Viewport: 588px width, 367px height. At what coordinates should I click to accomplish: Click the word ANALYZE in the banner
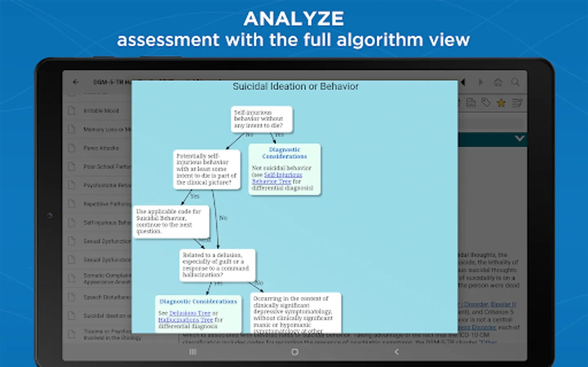click(x=294, y=19)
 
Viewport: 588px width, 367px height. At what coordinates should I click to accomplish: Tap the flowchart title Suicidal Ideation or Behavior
click(x=296, y=86)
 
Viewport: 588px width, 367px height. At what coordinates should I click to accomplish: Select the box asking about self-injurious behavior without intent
click(x=261, y=119)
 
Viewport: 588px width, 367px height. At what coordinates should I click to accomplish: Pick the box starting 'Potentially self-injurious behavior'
click(x=206, y=169)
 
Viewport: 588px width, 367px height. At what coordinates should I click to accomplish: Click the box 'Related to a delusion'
click(x=217, y=265)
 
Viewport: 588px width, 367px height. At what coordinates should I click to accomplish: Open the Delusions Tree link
click(x=190, y=313)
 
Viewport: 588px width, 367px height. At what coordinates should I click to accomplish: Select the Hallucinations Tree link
click(x=185, y=320)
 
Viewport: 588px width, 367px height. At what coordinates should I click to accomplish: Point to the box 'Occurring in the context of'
click(x=295, y=312)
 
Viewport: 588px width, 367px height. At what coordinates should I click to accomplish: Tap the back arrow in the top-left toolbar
click(x=76, y=82)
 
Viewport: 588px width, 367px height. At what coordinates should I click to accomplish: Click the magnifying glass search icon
click(x=515, y=82)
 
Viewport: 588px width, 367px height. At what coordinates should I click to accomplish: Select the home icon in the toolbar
click(x=498, y=82)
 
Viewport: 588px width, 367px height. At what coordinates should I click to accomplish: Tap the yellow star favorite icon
click(x=501, y=103)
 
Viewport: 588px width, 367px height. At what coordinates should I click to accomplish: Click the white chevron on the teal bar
click(x=519, y=139)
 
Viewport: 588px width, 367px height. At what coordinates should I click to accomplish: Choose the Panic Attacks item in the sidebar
click(x=101, y=148)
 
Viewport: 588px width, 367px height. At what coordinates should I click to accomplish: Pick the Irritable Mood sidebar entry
click(x=101, y=111)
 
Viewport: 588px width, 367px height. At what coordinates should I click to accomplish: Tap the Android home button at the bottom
click(x=295, y=352)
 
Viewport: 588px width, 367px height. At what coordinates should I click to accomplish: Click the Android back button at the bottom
click(x=396, y=352)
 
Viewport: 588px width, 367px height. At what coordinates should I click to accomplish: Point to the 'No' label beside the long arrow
click(x=223, y=218)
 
